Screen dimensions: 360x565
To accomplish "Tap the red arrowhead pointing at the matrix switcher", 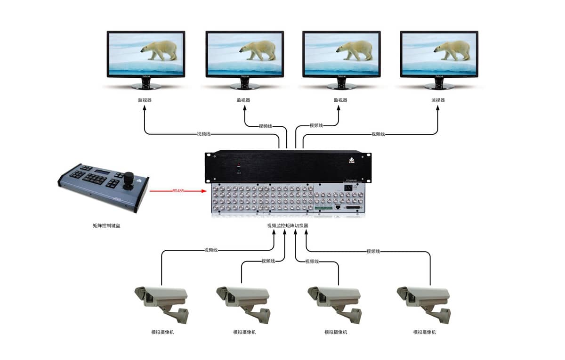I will tap(204, 191).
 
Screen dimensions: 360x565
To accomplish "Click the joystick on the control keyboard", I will tap(129, 180).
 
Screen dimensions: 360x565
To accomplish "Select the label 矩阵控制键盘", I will tap(110, 226).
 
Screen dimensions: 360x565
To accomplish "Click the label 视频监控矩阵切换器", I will tap(288, 226).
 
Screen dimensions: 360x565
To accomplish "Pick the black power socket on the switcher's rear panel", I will tap(349, 187).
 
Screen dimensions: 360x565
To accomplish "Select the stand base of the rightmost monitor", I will tap(439, 87).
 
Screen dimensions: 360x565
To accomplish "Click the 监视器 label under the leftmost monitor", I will tap(145, 100).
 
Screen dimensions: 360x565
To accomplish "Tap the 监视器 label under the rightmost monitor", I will tap(438, 100).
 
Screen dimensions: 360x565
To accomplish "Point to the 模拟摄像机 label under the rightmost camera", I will tap(425, 332).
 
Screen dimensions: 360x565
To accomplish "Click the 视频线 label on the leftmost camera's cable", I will tap(210, 250).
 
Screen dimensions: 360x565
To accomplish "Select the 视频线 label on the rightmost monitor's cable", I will tap(378, 134).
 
